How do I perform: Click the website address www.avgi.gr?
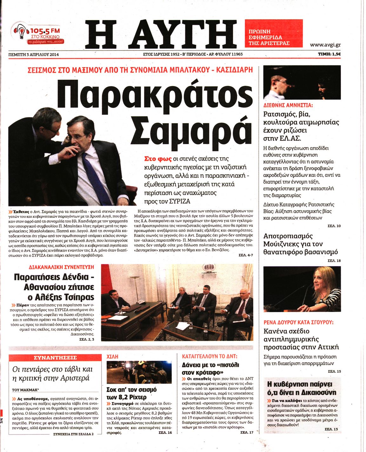tap(325, 45)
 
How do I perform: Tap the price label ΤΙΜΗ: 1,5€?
tap(329, 54)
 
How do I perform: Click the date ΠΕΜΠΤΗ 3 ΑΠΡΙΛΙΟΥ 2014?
tap(34, 54)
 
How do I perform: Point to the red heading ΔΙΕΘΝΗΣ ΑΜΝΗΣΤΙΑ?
tap(288, 105)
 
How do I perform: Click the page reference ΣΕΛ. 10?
tap(334, 226)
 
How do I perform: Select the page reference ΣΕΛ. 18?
tap(334, 260)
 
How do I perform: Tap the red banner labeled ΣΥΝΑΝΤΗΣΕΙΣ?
tap(55, 358)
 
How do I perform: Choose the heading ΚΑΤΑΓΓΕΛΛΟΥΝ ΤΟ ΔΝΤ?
tap(210, 356)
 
